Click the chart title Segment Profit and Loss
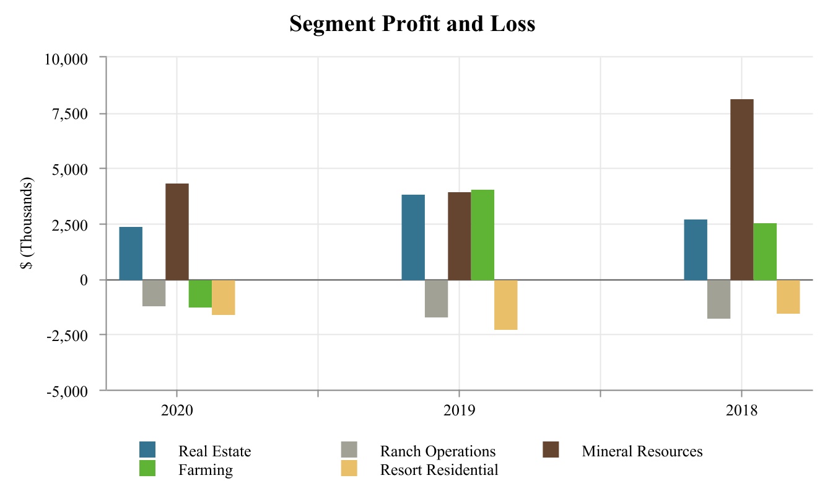[x=412, y=24]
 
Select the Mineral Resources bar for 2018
[x=741, y=189]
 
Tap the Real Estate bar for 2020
[x=131, y=253]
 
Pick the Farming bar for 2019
[x=482, y=234]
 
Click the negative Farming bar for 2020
[x=200, y=293]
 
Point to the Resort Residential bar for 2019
[x=505, y=304]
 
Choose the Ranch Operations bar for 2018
[x=718, y=299]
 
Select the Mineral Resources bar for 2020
[x=177, y=231]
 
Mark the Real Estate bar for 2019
[x=413, y=237]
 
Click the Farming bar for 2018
[x=765, y=251]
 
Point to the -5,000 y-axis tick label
[x=68, y=391]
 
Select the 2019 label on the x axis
[x=459, y=410]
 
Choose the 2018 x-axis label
[x=741, y=410]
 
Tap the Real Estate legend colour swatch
[x=147, y=449]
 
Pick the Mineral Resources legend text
[x=642, y=451]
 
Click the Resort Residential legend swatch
[x=349, y=469]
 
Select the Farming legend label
[x=206, y=469]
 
